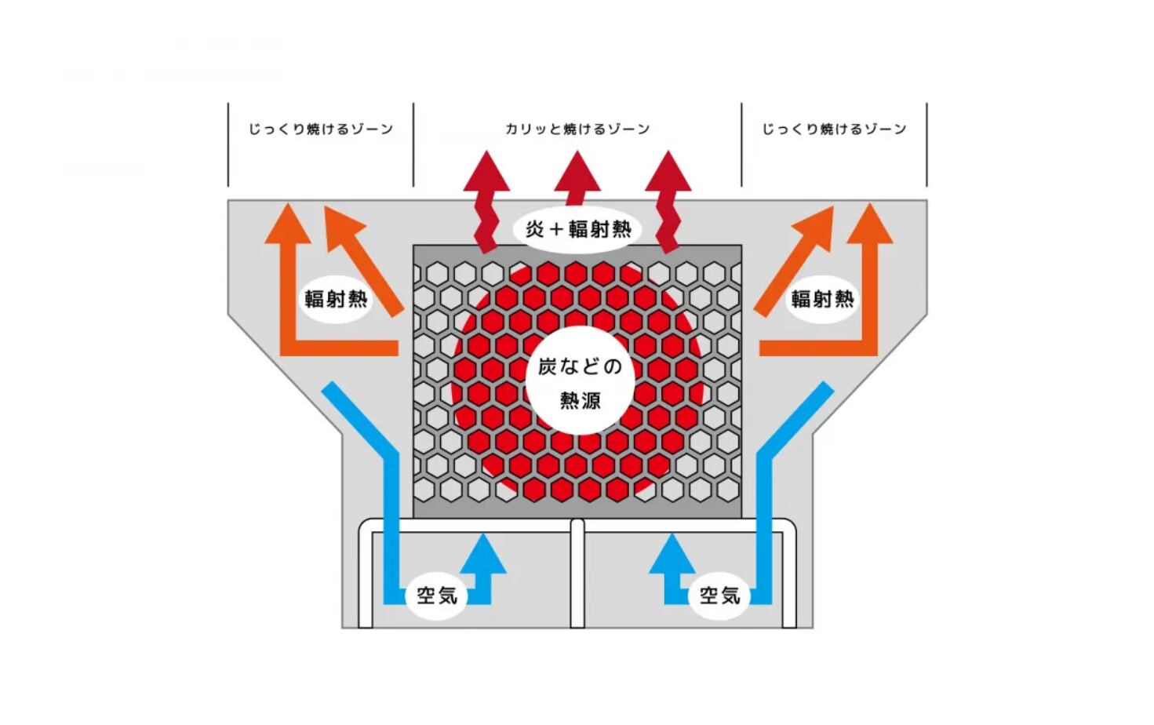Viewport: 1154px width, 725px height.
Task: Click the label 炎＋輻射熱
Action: [x=578, y=229]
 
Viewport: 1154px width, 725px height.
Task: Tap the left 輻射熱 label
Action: [x=336, y=299]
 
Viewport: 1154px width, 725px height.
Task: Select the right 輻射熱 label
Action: [x=822, y=299]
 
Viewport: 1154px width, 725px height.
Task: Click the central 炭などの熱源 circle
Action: [x=580, y=381]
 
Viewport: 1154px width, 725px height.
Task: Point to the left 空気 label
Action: [x=437, y=596]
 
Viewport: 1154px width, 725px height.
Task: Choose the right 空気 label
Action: [x=719, y=596]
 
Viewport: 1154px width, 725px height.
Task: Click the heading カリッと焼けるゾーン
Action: [x=577, y=129]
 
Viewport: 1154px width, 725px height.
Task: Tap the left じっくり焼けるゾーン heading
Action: [x=320, y=129]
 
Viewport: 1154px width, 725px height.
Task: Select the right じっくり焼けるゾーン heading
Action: [x=834, y=129]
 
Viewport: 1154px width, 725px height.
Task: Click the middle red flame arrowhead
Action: [x=577, y=171]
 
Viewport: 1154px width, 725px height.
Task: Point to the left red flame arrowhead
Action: [x=486, y=171]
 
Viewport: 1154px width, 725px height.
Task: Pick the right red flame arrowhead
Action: [x=668, y=171]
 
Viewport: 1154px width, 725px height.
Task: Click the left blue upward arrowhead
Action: [x=483, y=553]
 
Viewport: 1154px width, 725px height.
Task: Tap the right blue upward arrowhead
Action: [x=672, y=553]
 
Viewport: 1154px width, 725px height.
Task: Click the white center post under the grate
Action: [x=577, y=573]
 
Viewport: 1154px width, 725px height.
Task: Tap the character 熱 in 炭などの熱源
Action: [x=570, y=400]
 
